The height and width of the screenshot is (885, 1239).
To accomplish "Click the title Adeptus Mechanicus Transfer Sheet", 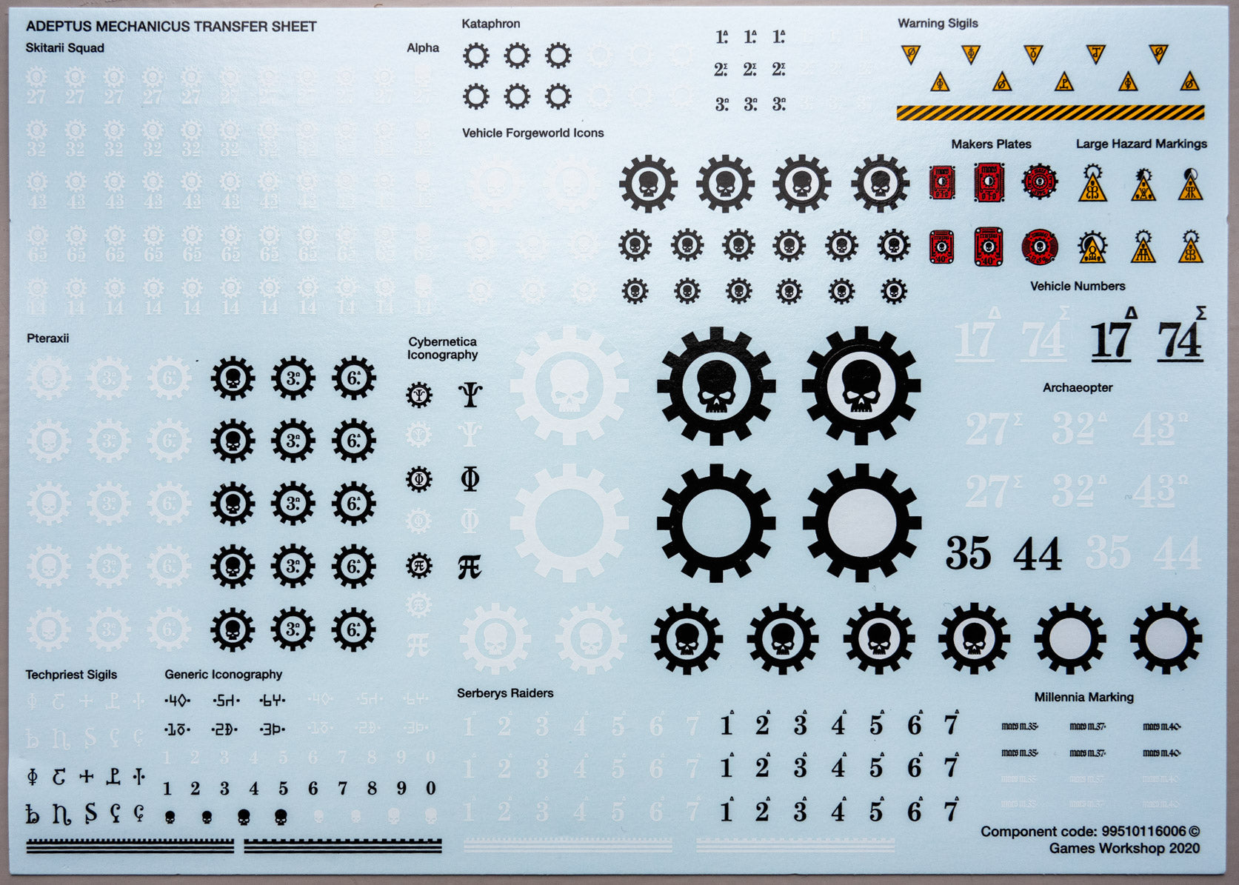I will coord(171,27).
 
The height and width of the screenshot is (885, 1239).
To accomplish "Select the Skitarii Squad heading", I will coord(64,48).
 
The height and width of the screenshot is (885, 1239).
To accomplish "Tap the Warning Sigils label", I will coord(938,24).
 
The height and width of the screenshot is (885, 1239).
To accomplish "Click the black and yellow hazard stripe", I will coord(1049,113).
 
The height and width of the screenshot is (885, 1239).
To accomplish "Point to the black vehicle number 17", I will coord(1110,341).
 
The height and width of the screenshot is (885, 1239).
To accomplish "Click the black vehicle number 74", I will coord(1179,341).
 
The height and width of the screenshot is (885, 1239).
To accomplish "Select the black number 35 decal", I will coord(968,553).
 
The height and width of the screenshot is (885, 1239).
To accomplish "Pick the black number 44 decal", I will coord(1037,554).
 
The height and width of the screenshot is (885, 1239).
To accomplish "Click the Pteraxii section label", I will coord(47,338).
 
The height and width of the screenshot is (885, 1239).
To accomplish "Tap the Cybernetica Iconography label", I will coord(442,348).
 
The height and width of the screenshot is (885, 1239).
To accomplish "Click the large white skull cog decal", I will coord(569,386).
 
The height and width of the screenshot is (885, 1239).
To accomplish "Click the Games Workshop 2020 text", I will coord(1123,849).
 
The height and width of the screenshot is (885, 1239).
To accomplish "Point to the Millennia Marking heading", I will coord(1083,697).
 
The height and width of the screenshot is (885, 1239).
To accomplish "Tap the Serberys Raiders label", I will coord(505,693).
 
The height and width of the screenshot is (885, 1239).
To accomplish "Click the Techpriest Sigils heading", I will coord(71,675).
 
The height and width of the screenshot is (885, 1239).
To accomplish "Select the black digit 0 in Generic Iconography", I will coord(431,789).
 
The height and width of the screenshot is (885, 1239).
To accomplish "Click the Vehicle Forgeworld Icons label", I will coord(532,133).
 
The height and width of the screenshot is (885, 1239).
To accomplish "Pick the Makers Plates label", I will coord(991,144).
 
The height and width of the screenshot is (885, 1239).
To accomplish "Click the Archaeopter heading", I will coord(1078,387).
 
